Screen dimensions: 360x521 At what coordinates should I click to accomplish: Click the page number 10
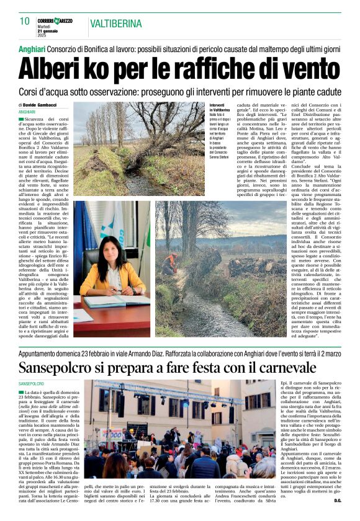tap(25, 21)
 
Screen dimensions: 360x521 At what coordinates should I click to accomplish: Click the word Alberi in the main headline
tap(59, 68)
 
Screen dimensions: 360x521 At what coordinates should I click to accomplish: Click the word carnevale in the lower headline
tap(277, 368)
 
